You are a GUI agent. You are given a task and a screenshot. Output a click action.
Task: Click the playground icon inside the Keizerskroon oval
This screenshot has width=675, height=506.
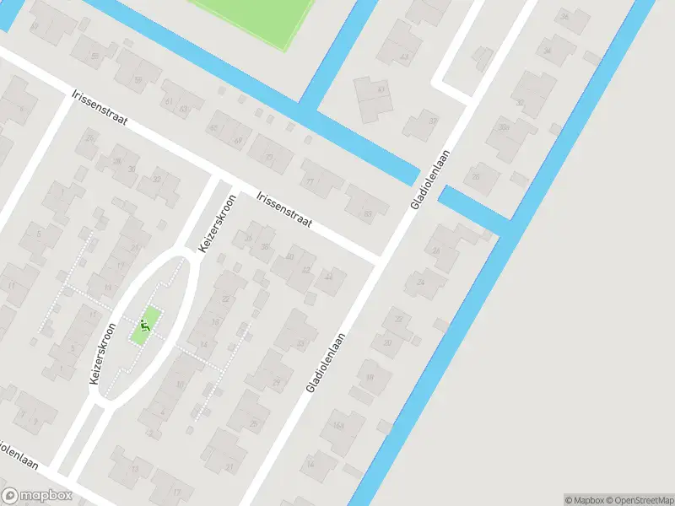(146, 324)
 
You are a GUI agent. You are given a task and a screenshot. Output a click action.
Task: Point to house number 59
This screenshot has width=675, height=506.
(138, 80)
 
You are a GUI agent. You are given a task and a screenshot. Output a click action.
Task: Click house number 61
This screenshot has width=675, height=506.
(170, 102)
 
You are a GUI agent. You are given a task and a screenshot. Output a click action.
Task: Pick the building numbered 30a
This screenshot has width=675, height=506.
(504, 127)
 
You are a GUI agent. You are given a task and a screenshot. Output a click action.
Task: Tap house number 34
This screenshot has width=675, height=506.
(548, 51)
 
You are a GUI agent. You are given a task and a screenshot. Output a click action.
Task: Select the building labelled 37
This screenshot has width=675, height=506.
(433, 121)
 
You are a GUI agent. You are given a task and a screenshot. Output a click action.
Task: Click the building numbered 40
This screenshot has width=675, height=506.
(289, 256)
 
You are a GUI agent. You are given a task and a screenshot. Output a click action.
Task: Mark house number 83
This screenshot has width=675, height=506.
(367, 213)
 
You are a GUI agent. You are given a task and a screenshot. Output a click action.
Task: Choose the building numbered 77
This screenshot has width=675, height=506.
(310, 181)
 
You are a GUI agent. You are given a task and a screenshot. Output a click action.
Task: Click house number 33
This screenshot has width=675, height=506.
(300, 343)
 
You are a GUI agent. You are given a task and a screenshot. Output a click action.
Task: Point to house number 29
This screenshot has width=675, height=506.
(276, 382)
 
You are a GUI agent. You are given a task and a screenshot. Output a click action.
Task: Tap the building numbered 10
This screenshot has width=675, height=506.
(179, 385)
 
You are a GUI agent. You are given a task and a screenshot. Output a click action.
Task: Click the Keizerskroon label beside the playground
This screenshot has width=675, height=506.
(102, 355)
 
